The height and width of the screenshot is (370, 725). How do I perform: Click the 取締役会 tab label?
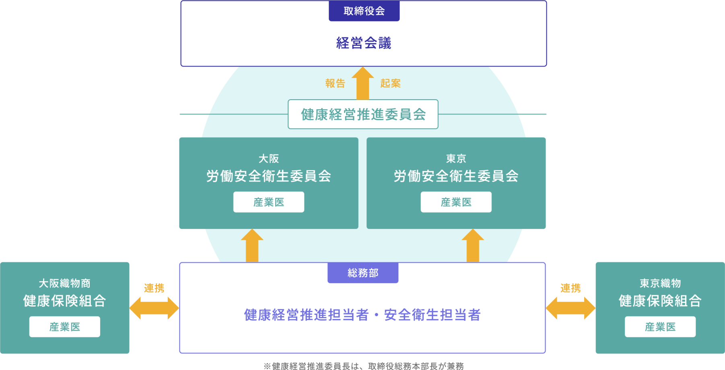tap(364, 11)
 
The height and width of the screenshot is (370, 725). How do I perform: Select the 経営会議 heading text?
tap(364, 43)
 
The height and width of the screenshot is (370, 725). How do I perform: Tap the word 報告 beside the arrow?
tap(335, 83)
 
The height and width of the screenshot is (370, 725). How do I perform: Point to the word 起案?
tap(390, 83)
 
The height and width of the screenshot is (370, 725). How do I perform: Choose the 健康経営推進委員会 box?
tap(363, 114)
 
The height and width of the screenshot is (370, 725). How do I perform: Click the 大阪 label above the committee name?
tap(269, 159)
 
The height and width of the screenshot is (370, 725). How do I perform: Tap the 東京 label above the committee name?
tap(456, 159)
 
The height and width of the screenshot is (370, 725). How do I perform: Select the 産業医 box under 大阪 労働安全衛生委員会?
tap(269, 202)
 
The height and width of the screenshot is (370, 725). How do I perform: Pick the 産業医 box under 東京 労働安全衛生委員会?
tap(456, 202)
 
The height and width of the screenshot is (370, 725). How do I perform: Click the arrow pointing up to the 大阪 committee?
tap(252, 245)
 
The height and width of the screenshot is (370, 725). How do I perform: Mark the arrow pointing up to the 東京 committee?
tap(473, 245)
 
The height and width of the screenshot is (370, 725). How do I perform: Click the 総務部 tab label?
tap(363, 273)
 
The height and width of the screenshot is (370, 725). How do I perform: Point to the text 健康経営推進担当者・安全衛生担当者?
tap(362, 315)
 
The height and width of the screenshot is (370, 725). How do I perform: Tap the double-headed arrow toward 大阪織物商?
tap(154, 308)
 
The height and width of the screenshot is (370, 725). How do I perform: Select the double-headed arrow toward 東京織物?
tap(571, 308)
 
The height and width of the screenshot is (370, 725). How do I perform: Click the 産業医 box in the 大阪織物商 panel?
tap(65, 327)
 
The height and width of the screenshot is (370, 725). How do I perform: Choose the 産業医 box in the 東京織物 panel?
tap(660, 327)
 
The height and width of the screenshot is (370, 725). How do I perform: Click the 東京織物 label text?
tap(660, 283)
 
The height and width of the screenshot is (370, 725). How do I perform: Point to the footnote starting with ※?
tap(364, 366)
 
